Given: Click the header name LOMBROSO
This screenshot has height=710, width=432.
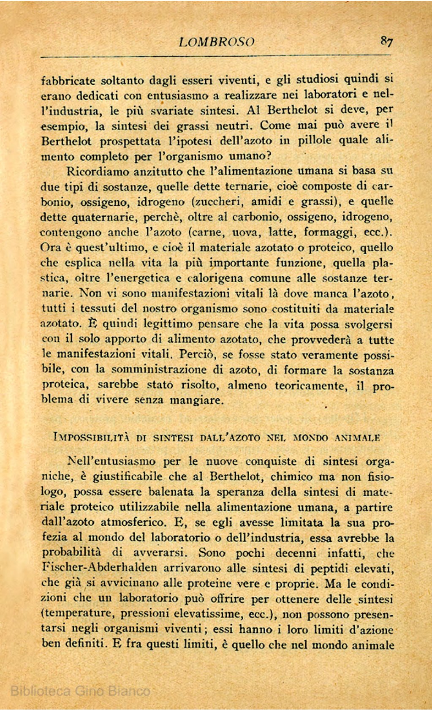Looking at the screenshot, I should point(217,42).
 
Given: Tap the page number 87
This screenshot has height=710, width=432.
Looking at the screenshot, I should point(387,41).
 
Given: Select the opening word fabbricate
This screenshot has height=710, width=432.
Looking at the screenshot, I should point(68,80).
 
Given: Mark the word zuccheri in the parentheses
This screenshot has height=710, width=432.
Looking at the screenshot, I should point(218,201).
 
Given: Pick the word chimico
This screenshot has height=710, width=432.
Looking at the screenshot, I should point(291,476).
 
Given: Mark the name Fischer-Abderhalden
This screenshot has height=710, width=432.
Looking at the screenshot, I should point(99,568).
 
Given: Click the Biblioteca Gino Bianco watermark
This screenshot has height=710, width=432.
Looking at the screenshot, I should point(80,691).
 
